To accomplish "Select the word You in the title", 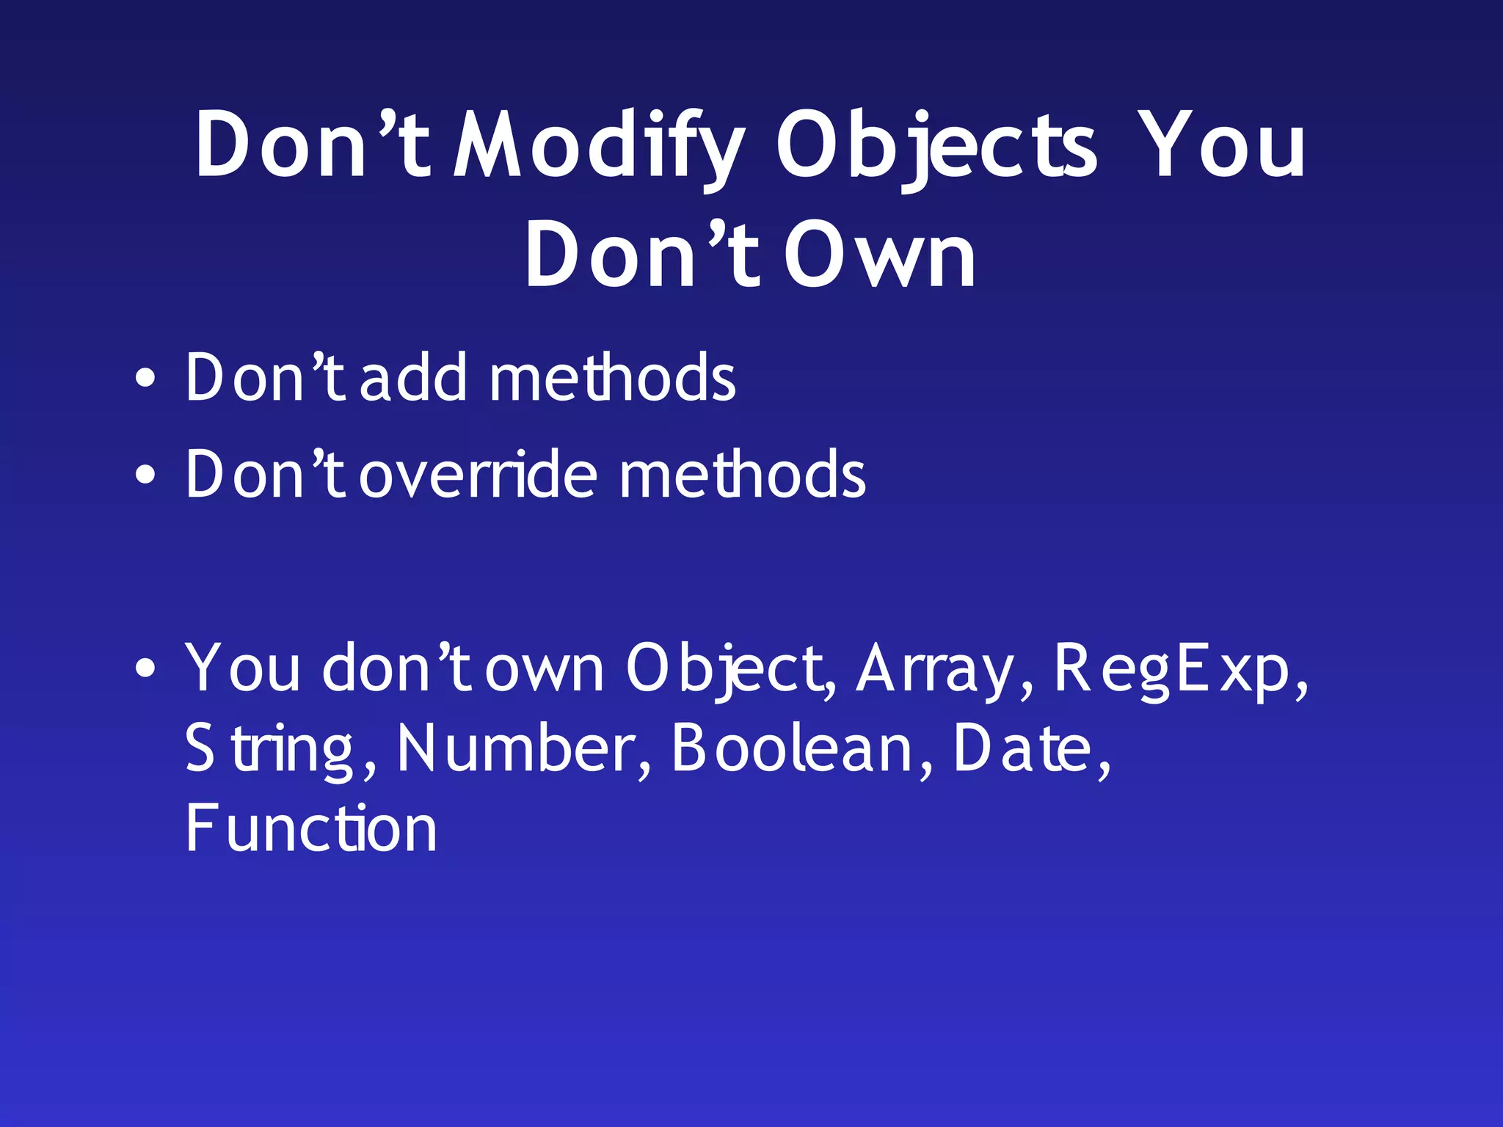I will click(1224, 145).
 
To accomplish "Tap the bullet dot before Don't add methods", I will click(145, 379).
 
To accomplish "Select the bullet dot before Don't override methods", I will click(145, 475).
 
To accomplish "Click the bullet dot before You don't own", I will click(145, 668).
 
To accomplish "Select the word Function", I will click(311, 829).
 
